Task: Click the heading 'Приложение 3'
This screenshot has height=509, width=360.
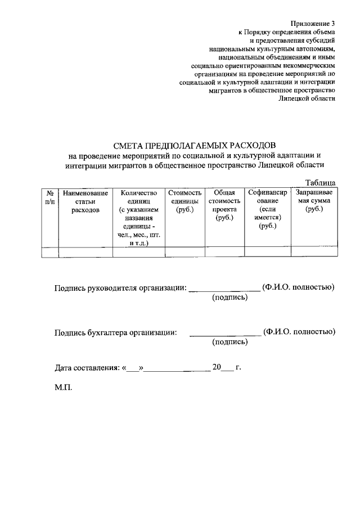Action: (x=313, y=23)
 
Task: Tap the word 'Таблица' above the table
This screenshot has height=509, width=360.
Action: (x=320, y=183)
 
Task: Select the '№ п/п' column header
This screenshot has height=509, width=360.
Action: (x=50, y=197)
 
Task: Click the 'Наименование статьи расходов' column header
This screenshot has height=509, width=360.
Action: (x=85, y=201)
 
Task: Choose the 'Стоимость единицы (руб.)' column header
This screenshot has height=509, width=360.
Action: (x=184, y=201)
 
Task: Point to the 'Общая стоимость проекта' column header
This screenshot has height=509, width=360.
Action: (x=224, y=205)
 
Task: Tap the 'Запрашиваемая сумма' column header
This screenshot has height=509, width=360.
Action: (x=314, y=201)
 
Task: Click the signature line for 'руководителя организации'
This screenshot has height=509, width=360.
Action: (x=224, y=289)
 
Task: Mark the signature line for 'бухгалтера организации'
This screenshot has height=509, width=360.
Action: (x=224, y=334)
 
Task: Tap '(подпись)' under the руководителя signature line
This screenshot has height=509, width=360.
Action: (x=229, y=298)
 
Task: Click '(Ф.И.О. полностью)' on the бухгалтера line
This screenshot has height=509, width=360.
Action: (x=299, y=331)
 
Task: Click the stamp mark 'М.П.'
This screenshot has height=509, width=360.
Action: (x=64, y=388)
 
